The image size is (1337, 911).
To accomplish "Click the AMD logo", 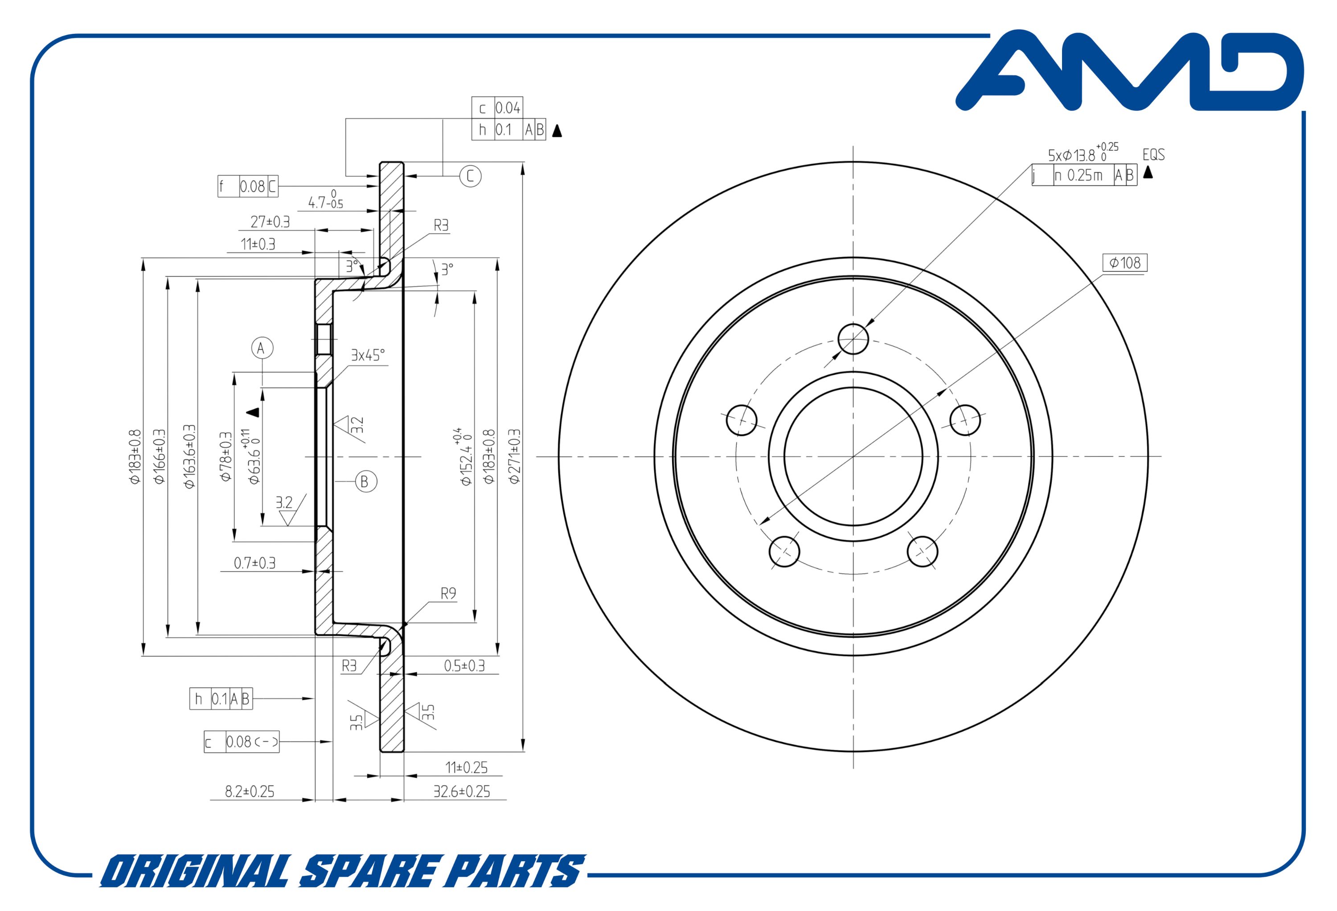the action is [x=1129, y=70].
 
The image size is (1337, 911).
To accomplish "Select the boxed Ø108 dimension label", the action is [x=1125, y=263].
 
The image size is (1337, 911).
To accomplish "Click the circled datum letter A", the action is [x=262, y=348].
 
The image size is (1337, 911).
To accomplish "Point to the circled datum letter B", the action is [x=365, y=482].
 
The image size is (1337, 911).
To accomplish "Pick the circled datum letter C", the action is [x=470, y=176].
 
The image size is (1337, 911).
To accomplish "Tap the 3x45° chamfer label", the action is [x=368, y=355].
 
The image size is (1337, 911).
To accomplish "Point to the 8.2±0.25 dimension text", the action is [x=250, y=791].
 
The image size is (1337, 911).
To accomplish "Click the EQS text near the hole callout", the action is [x=1153, y=154].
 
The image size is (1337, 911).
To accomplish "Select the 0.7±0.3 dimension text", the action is [x=254, y=563].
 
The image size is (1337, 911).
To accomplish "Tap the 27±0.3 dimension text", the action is [x=270, y=222].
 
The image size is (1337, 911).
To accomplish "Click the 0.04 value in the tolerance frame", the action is [x=508, y=107].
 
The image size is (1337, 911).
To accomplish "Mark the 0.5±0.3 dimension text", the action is [x=464, y=666].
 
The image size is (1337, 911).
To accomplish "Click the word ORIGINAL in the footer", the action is [x=196, y=871].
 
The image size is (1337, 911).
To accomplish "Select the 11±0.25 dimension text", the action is [x=466, y=767].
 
